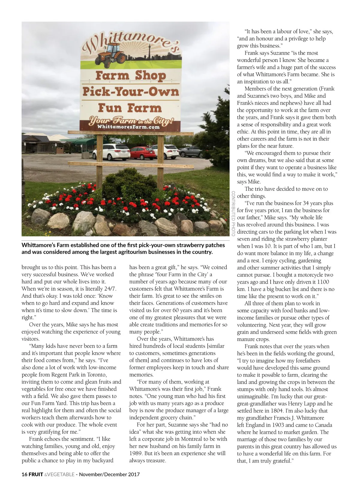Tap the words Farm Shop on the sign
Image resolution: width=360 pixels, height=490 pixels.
pos(130,75)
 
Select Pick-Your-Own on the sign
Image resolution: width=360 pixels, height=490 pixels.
pos(130,91)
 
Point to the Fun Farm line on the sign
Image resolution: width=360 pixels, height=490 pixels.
pos(130,108)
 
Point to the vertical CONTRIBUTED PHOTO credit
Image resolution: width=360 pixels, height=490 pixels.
pos(233,213)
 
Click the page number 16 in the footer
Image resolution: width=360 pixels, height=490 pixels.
pos(24,474)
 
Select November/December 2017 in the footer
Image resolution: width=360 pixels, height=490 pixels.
pos(109,474)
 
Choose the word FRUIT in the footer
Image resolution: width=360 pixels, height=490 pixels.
pos(36,474)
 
